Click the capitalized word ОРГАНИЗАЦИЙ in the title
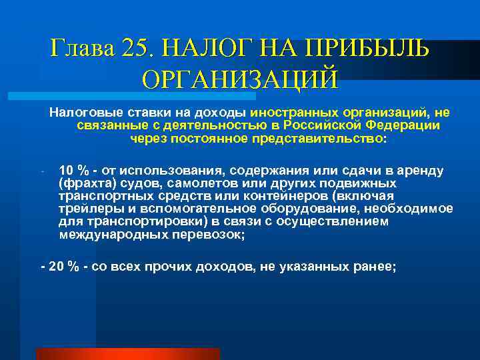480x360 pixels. (x=240, y=78)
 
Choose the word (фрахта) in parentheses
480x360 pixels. (x=82, y=183)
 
